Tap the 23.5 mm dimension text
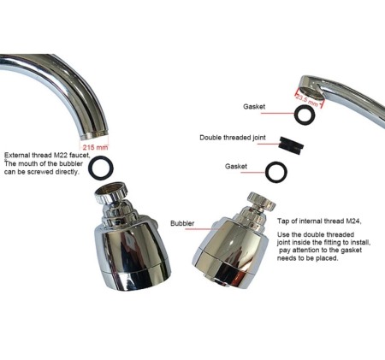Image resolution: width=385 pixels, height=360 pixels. click(x=306, y=100)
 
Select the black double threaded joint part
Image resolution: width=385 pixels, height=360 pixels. click(x=292, y=144)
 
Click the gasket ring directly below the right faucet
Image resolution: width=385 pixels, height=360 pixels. click(x=305, y=115)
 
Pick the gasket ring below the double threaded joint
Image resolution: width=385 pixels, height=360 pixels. click(x=276, y=172)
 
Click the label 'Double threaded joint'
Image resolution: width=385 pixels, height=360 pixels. click(x=233, y=138)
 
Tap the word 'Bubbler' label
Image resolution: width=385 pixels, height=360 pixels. click(x=182, y=223)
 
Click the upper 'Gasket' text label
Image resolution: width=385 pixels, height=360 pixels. click(x=254, y=107)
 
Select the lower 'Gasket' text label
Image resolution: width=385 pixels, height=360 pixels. click(x=236, y=166)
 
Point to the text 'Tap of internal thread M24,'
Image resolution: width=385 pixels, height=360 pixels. click(x=319, y=221)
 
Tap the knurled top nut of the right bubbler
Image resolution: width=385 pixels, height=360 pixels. click(x=261, y=200)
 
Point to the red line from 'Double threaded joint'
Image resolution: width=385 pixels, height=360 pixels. click(x=269, y=144)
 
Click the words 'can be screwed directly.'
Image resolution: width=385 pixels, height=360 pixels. click(x=41, y=172)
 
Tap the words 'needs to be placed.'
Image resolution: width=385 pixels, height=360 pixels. click(x=307, y=258)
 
